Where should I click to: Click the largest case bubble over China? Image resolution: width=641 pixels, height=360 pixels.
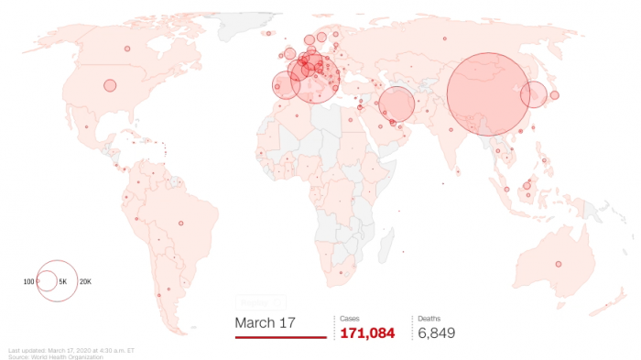[487, 93]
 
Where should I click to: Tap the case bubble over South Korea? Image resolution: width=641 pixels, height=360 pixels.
[534, 93]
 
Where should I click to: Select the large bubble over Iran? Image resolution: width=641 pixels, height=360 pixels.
[397, 104]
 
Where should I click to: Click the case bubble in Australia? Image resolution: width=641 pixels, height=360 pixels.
[558, 265]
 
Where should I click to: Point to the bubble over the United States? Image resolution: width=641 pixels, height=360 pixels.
[110, 85]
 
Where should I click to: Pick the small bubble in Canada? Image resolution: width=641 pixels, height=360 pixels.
[127, 49]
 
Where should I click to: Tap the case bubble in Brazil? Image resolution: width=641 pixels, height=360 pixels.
[180, 224]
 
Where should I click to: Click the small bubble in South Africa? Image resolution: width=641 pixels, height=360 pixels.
[352, 271]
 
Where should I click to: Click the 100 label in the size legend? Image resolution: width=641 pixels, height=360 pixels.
[28, 280]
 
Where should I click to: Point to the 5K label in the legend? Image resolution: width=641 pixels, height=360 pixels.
[63, 280]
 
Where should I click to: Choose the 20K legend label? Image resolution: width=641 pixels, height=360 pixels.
[85, 280]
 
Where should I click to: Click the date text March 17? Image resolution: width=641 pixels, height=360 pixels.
[266, 322]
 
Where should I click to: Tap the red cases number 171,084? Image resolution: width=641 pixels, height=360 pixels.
[367, 333]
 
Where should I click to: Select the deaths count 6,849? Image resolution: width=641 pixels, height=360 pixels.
[437, 333]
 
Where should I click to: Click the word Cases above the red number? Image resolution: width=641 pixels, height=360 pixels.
[350, 318]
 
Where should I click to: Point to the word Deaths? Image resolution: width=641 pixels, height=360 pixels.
[429, 318]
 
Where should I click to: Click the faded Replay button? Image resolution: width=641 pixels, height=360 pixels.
[261, 301]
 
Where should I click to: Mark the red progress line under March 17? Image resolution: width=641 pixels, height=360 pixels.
[280, 337]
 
